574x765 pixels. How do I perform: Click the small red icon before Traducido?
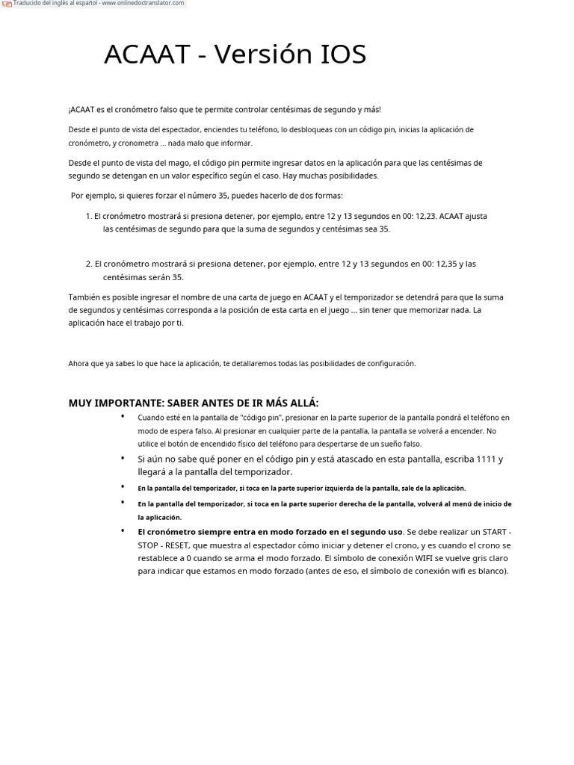click(7, 4)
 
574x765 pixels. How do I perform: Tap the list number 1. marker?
click(88, 217)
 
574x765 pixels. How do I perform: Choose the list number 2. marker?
click(88, 264)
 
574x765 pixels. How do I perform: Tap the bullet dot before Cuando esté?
click(122, 415)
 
